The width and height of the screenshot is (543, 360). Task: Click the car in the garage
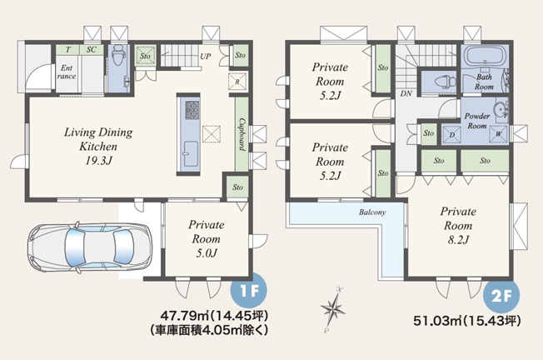coord(90,247)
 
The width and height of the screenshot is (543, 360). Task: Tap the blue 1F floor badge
coord(249,291)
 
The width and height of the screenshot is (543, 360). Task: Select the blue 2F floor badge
coord(501,297)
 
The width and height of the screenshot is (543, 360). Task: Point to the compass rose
coord(333,308)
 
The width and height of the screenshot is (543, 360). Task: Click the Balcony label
coord(372,212)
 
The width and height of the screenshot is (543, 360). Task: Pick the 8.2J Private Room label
coord(458,225)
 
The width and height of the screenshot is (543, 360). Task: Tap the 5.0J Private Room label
coord(207,238)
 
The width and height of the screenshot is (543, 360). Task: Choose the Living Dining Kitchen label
coord(98,146)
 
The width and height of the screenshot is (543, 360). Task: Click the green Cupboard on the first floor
coord(242,134)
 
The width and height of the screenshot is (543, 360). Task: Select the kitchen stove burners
coord(192,110)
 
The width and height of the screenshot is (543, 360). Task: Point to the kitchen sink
coord(190,154)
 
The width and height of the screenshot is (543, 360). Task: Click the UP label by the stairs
coord(206,56)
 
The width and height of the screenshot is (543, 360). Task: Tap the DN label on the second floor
coord(406,93)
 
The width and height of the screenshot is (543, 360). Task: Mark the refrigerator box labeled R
coord(237,82)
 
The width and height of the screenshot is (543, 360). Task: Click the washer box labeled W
coord(498,134)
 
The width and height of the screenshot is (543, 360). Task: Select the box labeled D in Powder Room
coord(452,134)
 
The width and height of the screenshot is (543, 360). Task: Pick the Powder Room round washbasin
coord(500,109)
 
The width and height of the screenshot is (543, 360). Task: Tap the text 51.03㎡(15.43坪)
coord(467,321)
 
